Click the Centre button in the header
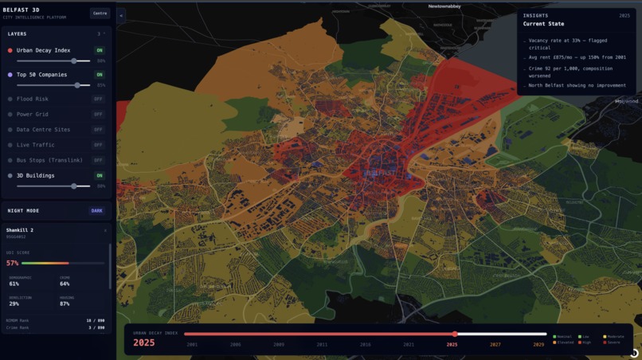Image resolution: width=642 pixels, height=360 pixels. click(x=100, y=13)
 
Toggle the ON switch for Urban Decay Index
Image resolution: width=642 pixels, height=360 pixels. click(x=100, y=50)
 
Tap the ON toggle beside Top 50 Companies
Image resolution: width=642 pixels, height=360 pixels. click(x=100, y=75)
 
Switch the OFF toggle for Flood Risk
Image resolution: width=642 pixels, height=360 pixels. click(x=98, y=100)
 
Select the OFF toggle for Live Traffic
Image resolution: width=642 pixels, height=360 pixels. click(x=98, y=145)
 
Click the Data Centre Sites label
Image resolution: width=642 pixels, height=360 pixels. click(x=43, y=129)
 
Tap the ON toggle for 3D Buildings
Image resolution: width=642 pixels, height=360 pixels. click(x=100, y=175)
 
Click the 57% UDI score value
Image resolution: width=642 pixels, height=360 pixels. click(x=12, y=263)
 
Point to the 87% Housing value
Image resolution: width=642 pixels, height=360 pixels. click(x=65, y=304)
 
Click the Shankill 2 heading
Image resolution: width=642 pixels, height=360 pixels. click(x=21, y=230)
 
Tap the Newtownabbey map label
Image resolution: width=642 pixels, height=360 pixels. click(x=444, y=6)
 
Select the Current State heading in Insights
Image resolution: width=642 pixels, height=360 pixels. click(x=544, y=24)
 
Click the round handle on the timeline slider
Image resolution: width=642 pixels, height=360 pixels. click(x=455, y=334)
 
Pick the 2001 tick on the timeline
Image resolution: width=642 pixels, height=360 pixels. click(x=192, y=345)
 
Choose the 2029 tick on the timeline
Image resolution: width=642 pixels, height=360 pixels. click(x=539, y=345)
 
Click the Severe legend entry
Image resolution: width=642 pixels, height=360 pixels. click(x=613, y=342)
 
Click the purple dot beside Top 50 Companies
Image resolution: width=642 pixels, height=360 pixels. click(x=10, y=75)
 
